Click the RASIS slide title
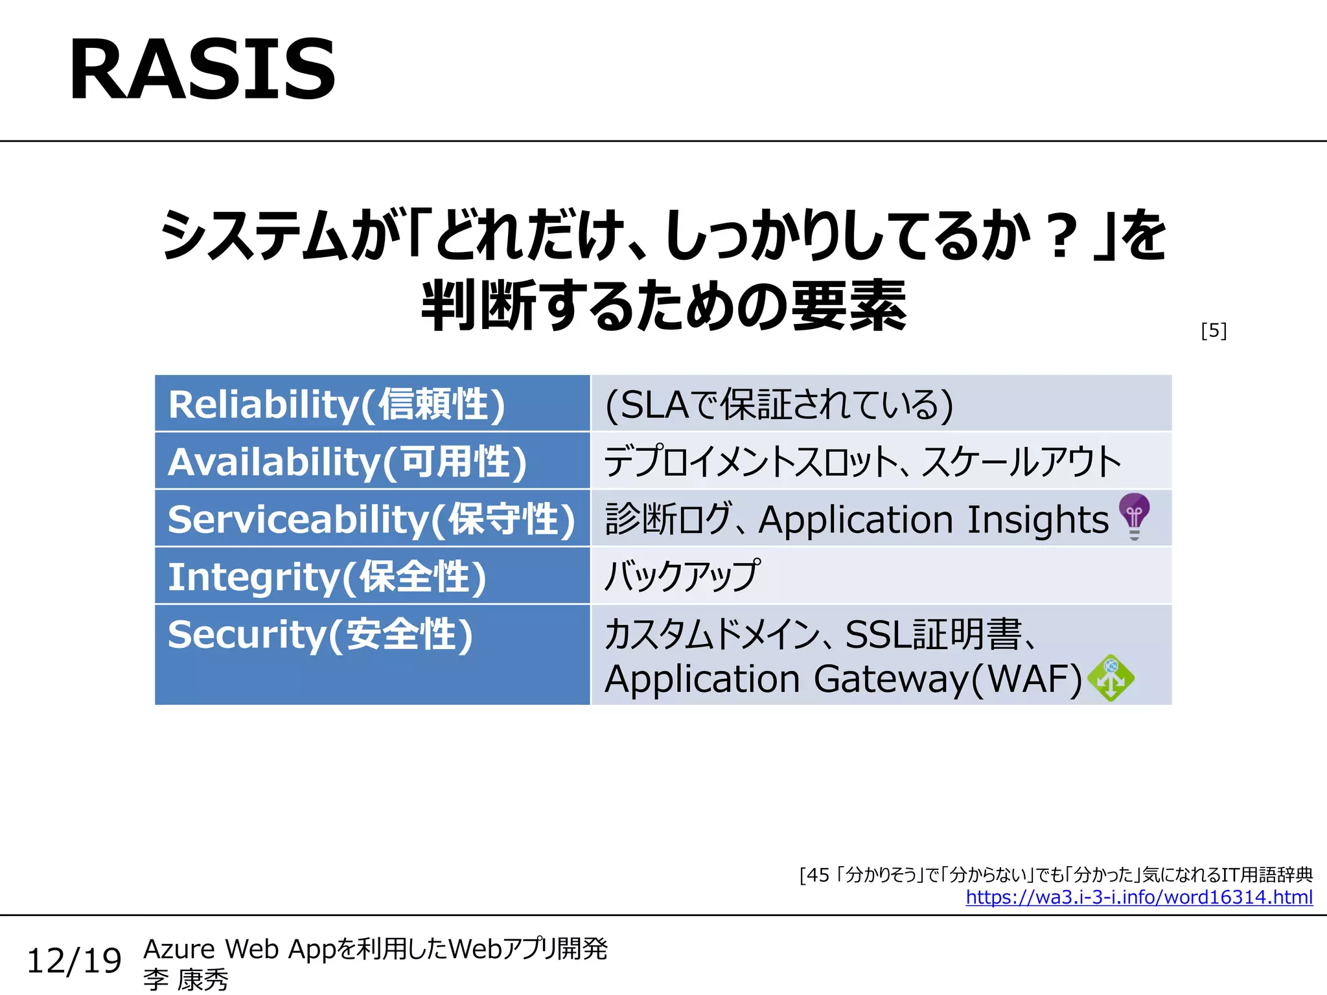tap(202, 69)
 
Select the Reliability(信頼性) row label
tap(336, 404)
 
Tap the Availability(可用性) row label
tap(347, 462)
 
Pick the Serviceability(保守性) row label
tap(371, 520)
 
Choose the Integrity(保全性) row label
tap(327, 577)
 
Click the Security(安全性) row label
tap(320, 634)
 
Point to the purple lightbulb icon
tap(1134, 516)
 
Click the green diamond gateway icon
tap(1111, 678)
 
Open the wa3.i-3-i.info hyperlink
tap(1139, 897)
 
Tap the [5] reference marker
tap(1214, 330)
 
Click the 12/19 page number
tap(74, 960)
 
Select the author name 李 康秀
tap(186, 979)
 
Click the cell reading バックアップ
tap(682, 576)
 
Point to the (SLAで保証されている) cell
tap(779, 404)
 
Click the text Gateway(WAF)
tap(947, 679)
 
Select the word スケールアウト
tap(1021, 462)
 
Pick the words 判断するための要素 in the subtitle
tap(663, 306)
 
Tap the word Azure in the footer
tap(179, 949)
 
